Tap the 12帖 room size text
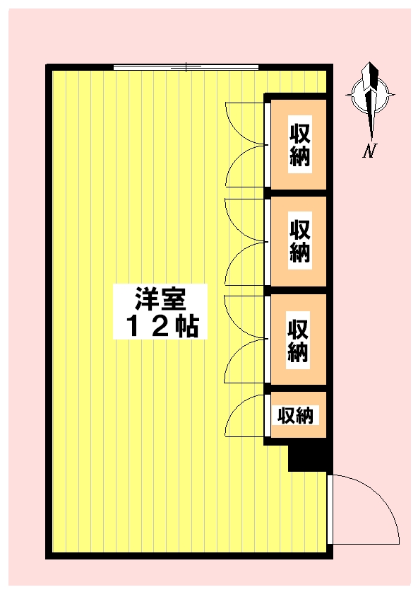pyautogui.click(x=161, y=327)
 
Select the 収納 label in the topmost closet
pyautogui.click(x=300, y=144)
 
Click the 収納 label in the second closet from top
pyautogui.click(x=300, y=241)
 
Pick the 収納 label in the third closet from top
pyautogui.click(x=299, y=341)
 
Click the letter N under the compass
pyautogui.click(x=369, y=151)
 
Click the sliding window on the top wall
pyautogui.click(x=186, y=68)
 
